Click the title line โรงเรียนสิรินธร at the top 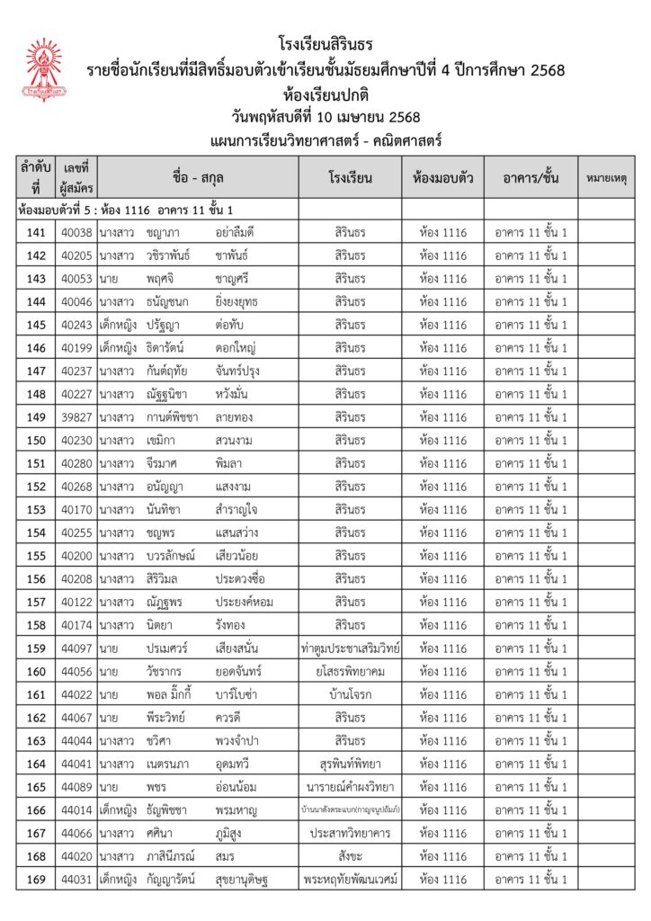[325, 44]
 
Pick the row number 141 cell [36, 232]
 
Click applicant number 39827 [76, 417]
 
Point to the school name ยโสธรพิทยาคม [350, 672]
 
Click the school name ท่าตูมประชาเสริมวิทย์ [350, 648]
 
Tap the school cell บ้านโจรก [350, 694]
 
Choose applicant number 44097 [76, 648]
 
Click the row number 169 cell [36, 879]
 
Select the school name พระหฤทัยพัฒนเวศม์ [350, 879]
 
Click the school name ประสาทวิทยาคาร [350, 833]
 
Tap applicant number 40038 [76, 232]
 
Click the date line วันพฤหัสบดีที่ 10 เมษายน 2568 [325, 117]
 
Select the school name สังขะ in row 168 [350, 855]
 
